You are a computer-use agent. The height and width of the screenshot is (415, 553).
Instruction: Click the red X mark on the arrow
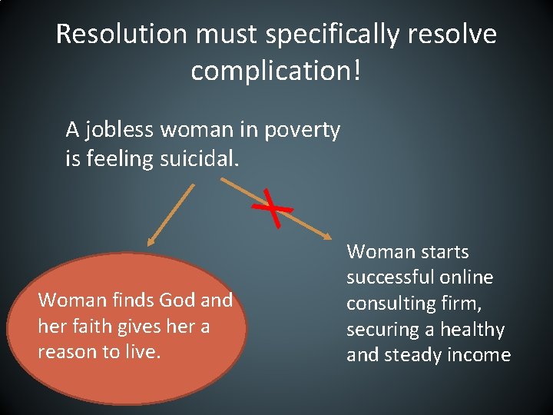[x=275, y=207]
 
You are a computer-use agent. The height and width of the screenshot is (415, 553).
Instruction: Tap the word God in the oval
[x=177, y=300]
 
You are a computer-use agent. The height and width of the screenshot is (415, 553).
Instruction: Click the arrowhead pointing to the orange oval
[x=154, y=240]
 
